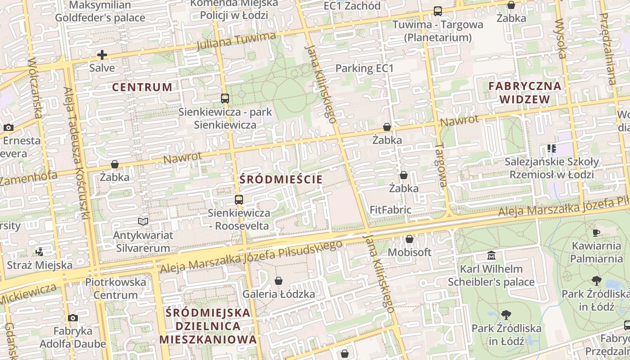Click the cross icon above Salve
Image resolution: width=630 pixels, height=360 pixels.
click(102, 55)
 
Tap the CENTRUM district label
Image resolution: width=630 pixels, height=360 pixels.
click(142, 87)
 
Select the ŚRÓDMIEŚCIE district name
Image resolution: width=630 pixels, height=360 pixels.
click(281, 180)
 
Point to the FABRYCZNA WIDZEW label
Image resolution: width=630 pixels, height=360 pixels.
click(525, 93)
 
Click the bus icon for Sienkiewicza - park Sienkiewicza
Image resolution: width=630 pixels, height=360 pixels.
click(225, 99)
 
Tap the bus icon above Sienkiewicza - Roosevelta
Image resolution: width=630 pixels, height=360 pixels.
click(239, 199)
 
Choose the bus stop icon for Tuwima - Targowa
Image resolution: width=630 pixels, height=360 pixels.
click(437, 11)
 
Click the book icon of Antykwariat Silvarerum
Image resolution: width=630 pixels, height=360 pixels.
click(143, 221)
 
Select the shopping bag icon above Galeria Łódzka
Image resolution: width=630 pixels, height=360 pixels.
click(279, 281)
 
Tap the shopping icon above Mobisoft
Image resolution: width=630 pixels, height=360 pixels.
click(409, 239)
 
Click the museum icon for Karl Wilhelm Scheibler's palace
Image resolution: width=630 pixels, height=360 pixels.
click(491, 256)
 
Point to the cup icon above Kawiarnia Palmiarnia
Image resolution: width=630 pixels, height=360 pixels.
click(596, 233)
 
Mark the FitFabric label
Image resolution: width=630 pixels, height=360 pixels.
click(390, 210)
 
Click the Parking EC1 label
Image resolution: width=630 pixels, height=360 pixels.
click(364, 69)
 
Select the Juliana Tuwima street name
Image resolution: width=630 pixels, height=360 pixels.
click(236, 41)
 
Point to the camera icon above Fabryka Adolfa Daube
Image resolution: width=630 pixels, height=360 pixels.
click(73, 318)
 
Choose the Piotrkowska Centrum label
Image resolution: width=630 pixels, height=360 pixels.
click(116, 289)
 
